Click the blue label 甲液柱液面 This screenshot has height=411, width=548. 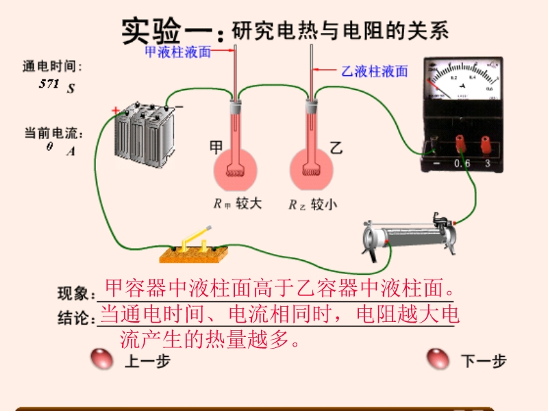(177, 51)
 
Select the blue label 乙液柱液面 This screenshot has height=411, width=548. (374, 71)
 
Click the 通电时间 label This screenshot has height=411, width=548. (52, 66)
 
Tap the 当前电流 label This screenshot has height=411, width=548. (52, 132)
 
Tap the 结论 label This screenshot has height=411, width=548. (76, 319)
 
